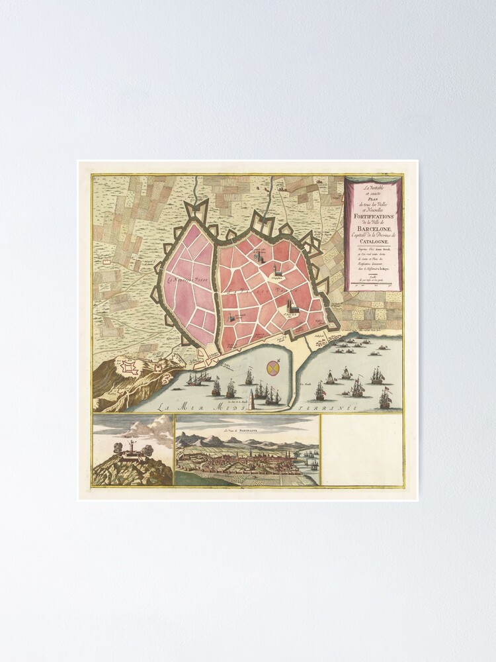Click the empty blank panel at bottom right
click(361, 450)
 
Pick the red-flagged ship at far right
click(386, 397)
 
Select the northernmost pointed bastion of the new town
click(198, 207)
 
